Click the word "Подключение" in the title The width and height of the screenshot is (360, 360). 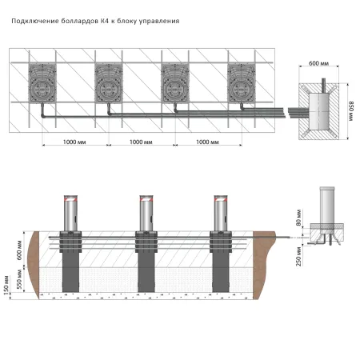(x=35, y=22)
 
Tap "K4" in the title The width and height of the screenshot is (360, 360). (x=104, y=21)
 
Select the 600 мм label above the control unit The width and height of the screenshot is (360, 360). (x=318, y=63)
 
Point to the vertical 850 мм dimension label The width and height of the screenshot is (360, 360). (x=352, y=111)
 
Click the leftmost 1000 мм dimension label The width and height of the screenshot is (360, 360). (x=74, y=142)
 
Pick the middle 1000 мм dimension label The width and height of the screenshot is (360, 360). (x=141, y=142)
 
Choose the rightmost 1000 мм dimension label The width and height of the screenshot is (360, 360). (x=207, y=142)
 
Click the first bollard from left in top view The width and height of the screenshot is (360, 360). (x=42, y=82)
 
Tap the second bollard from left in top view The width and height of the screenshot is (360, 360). (x=109, y=82)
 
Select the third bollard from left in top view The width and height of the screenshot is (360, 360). (x=175, y=82)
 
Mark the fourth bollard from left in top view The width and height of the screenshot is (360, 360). (x=242, y=82)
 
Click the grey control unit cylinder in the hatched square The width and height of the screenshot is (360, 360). (x=318, y=111)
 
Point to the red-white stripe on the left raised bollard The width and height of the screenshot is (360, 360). (x=70, y=199)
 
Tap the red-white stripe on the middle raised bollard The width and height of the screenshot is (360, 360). (x=146, y=199)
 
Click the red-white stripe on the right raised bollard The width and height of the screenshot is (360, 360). (x=221, y=199)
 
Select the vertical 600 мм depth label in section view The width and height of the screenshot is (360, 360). (x=19, y=250)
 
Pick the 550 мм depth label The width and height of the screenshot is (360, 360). (x=19, y=279)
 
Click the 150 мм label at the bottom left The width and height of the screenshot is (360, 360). (x=6, y=285)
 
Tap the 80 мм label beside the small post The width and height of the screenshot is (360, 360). (x=298, y=218)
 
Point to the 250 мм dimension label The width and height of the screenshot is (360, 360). (x=298, y=256)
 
